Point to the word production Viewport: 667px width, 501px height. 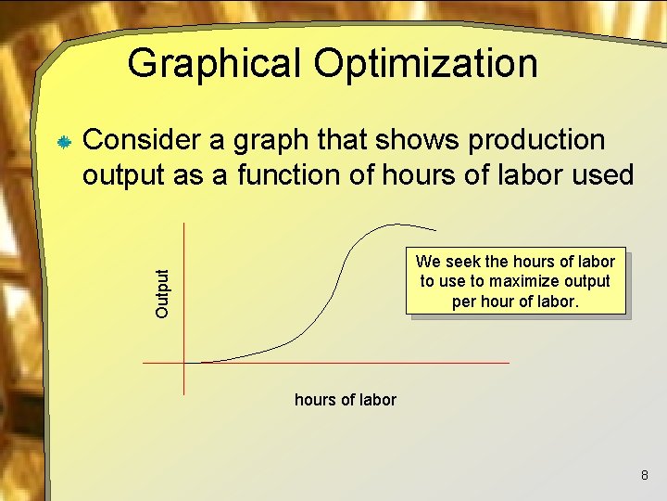point(536,140)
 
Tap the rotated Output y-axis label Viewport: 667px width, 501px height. point(163,294)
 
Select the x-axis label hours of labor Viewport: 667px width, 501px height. point(345,400)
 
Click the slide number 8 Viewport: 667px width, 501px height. point(645,476)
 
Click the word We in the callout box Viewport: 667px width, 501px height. point(429,262)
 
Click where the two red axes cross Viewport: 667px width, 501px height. point(184,362)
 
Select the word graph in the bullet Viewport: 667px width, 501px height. point(273,142)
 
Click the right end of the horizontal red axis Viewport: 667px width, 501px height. point(508,362)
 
